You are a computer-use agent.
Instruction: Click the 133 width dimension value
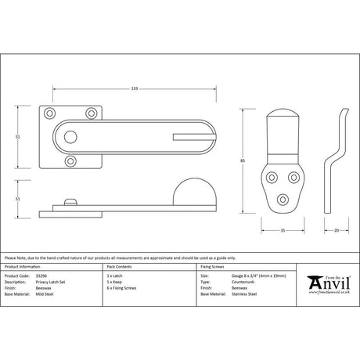135,88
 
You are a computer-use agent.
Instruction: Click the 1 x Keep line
115,283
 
